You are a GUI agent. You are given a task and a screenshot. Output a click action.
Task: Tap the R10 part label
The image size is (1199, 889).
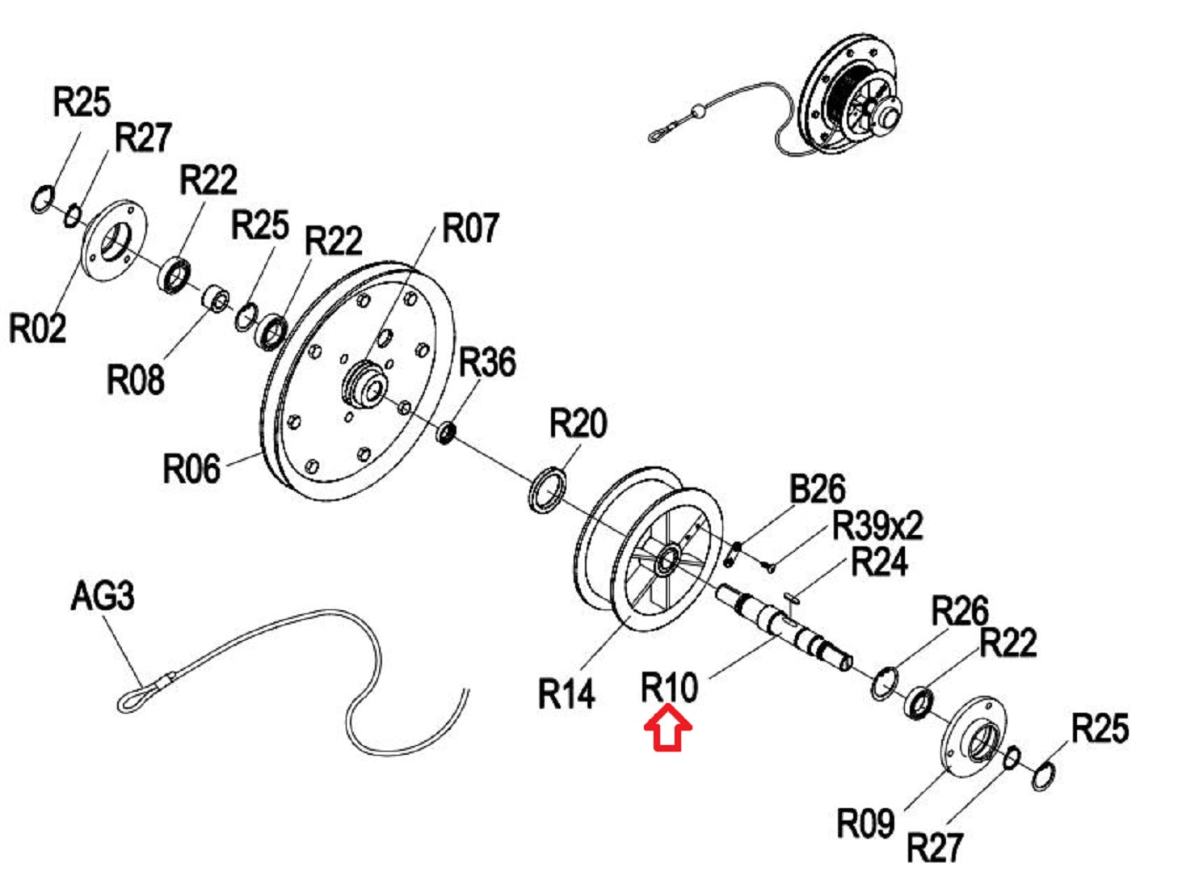669,687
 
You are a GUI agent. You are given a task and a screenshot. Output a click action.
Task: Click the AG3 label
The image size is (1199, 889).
103,596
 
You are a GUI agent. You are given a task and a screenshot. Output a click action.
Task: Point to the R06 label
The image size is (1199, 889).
191,468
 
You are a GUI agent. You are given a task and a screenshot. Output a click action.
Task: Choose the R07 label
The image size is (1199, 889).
469,228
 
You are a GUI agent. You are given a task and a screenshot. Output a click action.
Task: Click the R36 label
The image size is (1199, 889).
487,362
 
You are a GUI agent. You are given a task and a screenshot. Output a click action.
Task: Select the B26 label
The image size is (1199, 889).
817,488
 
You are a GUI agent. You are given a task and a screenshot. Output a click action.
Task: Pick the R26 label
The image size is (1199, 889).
960,611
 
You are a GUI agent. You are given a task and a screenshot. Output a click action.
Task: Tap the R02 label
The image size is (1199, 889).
37,327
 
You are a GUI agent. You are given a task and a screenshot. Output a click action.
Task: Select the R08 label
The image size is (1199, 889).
135,379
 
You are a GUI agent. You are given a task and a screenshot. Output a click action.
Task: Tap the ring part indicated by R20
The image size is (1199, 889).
546,491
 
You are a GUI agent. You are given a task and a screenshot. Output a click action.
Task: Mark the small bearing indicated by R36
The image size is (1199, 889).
446,433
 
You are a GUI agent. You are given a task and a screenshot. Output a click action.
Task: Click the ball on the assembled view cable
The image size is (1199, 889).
698,112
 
